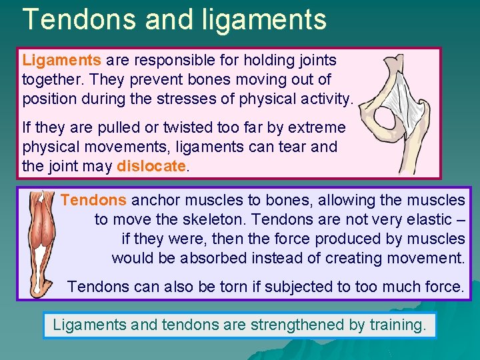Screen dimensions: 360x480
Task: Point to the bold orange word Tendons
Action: pyautogui.click(x=93, y=200)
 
